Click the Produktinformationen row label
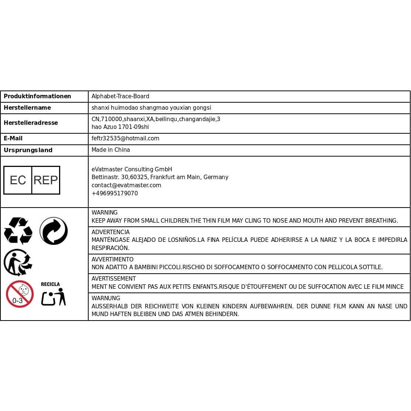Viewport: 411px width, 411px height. [37, 96]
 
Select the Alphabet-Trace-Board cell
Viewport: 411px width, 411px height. [120, 96]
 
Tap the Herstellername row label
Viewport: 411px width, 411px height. [27, 108]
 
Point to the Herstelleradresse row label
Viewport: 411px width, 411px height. [31, 123]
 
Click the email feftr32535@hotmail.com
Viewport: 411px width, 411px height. [125, 138]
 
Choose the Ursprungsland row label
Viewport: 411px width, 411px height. [28, 150]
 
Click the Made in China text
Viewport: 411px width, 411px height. [111, 150]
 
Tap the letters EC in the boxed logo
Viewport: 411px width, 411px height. [18, 180]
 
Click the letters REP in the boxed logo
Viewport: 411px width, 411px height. [46, 180]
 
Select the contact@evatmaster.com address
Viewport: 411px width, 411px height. [126, 185]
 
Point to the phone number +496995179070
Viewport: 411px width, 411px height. [114, 193]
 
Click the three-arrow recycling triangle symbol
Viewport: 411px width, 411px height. [18, 231]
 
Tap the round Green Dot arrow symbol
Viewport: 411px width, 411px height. [54, 231]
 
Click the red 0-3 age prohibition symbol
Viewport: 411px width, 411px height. [20, 294]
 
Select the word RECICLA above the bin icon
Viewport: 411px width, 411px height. [50, 284]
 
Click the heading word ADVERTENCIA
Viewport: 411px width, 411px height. [110, 232]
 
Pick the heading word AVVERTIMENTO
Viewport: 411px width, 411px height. [112, 260]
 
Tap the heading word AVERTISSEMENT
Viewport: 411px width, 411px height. [114, 279]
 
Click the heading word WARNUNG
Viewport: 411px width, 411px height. [106, 298]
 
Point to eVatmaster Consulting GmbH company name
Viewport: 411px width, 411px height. [132, 169]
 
